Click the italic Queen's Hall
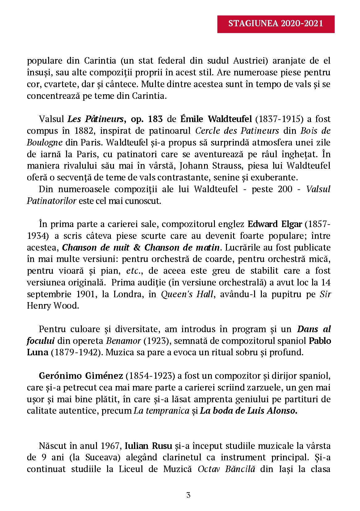coord(187,294)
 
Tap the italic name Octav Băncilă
coord(226,469)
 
